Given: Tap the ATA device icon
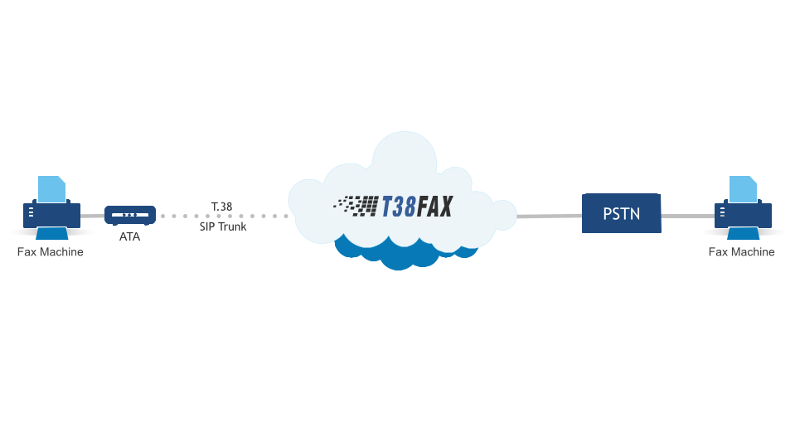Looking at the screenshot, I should tap(130, 215).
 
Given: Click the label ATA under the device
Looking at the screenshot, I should tap(130, 236).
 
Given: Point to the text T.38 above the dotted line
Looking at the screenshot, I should tap(222, 206).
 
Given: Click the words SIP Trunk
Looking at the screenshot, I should tap(223, 226).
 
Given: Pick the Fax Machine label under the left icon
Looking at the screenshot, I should tap(51, 252).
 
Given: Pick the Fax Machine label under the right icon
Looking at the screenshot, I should tap(741, 252).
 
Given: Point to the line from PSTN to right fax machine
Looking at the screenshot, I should tap(688, 216).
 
